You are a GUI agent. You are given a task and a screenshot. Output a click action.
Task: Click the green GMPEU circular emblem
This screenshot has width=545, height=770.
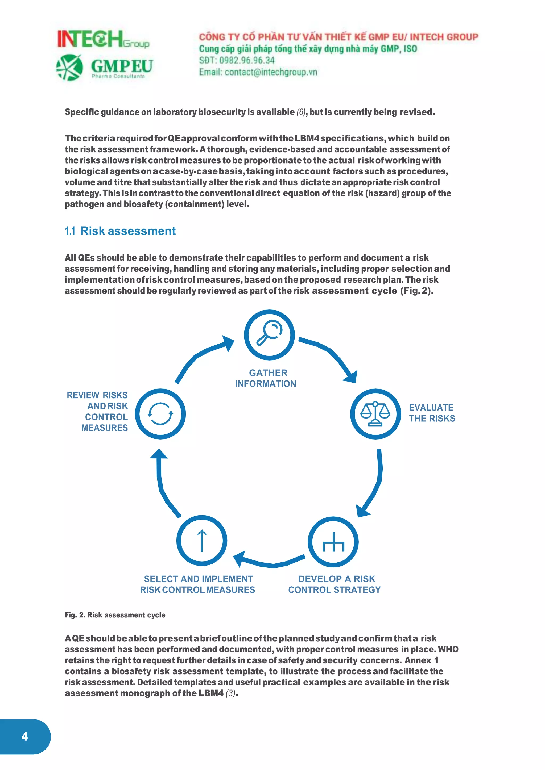[69, 68]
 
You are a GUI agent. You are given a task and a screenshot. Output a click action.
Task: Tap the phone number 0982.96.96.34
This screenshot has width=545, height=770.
[246, 60]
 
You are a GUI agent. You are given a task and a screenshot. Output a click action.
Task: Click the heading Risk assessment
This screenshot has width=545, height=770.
[127, 231]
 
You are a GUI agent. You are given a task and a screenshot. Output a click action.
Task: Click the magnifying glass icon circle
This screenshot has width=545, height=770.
[269, 335]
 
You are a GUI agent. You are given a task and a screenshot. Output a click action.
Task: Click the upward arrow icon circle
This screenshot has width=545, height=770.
[202, 541]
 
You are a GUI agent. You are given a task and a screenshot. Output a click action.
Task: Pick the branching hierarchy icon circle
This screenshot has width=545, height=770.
[333, 542]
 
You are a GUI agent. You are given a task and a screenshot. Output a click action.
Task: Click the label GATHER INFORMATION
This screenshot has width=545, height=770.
[266, 378]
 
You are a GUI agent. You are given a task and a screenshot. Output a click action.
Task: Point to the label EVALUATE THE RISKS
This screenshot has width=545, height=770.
[432, 413]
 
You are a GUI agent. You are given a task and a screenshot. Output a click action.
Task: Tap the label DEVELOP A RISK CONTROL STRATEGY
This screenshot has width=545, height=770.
[335, 584]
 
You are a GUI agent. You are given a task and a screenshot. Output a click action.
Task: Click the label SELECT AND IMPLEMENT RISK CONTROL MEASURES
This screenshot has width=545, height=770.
[198, 584]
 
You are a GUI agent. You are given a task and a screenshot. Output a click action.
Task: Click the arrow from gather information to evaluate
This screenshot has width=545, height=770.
[332, 355]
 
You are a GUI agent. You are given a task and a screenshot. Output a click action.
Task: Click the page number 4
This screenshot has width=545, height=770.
[24, 736]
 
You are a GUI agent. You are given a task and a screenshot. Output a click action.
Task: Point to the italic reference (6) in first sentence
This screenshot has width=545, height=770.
[301, 112]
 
